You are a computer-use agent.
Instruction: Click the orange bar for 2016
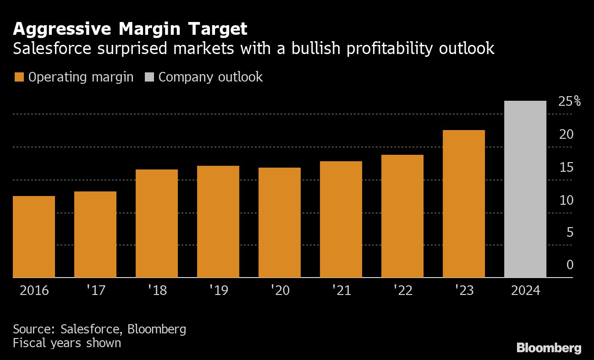pyautogui.click(x=34, y=237)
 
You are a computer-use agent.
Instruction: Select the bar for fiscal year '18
pyautogui.click(x=157, y=224)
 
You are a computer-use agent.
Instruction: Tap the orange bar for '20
pyautogui.click(x=280, y=223)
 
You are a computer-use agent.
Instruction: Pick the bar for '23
pyautogui.click(x=464, y=204)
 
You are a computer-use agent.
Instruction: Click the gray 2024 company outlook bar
pyautogui.click(x=525, y=189)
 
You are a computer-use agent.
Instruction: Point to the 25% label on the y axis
pyautogui.click(x=569, y=102)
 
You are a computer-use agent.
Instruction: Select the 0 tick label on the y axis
pyautogui.click(x=570, y=265)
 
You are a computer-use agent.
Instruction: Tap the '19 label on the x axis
pyautogui.click(x=218, y=291)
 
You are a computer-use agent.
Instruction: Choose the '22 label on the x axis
pyautogui.click(x=402, y=291)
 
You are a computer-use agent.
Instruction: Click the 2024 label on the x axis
pyautogui.click(x=525, y=291)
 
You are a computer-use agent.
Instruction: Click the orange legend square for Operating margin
pyautogui.click(x=19, y=77)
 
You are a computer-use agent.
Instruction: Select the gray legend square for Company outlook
pyautogui.click(x=149, y=77)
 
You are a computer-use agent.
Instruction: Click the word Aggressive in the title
pyautogui.click(x=61, y=29)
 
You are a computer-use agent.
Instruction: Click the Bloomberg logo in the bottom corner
pyautogui.click(x=549, y=348)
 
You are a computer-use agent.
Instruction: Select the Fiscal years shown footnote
pyautogui.click(x=67, y=343)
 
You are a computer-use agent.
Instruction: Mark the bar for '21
pyautogui.click(x=341, y=219)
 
